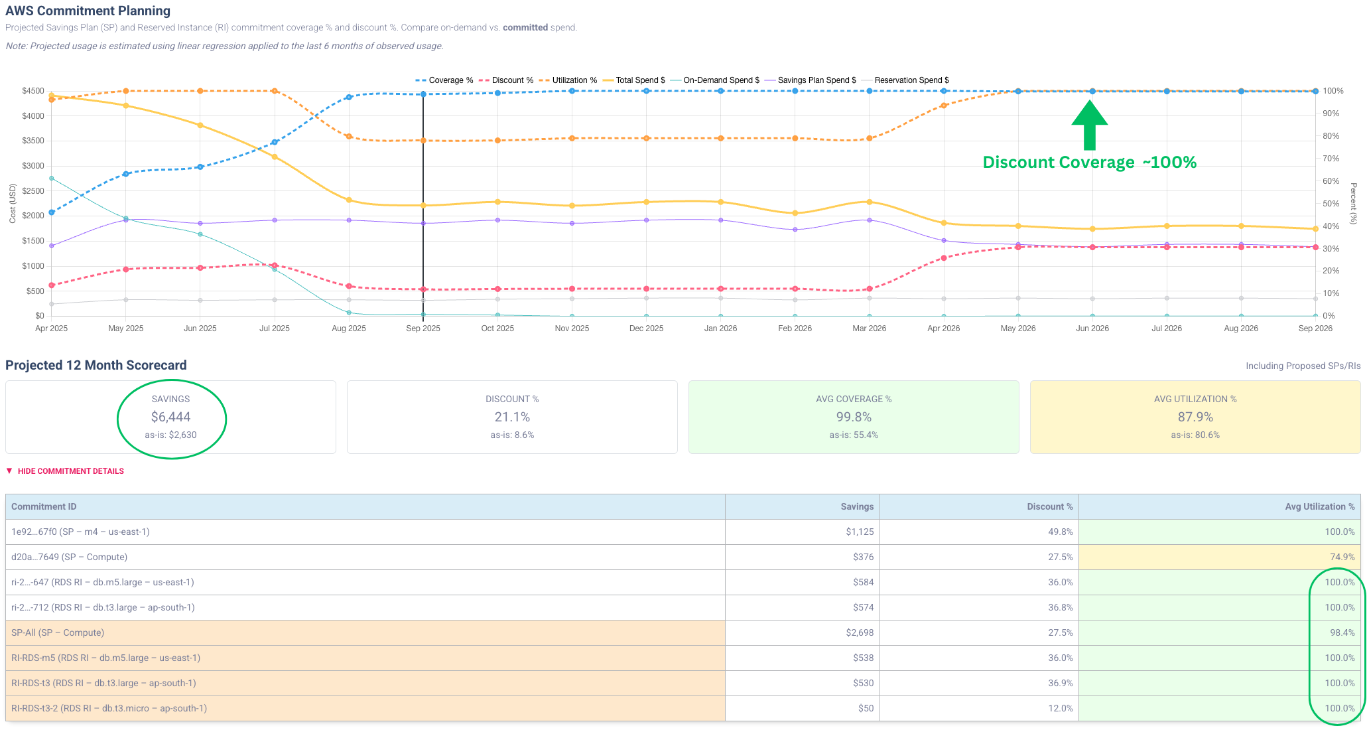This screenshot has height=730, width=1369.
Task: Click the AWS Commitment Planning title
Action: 88,11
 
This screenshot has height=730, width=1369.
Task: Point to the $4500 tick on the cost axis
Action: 33,91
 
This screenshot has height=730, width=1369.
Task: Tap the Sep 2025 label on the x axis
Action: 423,328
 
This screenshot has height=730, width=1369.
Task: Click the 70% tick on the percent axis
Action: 1331,159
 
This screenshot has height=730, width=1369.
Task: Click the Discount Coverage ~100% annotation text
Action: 1089,163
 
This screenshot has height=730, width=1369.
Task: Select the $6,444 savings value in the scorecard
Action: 170,417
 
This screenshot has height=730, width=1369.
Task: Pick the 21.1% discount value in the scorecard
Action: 512,417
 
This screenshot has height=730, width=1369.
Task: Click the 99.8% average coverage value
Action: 854,417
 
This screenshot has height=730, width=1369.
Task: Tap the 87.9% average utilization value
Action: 1195,417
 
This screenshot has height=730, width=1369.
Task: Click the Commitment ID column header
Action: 44,506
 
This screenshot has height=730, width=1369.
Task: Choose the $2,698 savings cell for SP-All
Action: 860,632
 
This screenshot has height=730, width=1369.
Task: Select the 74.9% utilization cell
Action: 1342,557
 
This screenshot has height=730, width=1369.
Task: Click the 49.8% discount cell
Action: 1060,532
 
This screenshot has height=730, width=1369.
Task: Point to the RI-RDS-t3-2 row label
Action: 109,708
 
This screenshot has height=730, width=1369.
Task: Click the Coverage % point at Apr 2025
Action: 52,212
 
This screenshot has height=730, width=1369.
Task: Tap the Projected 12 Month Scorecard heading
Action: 96,365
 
